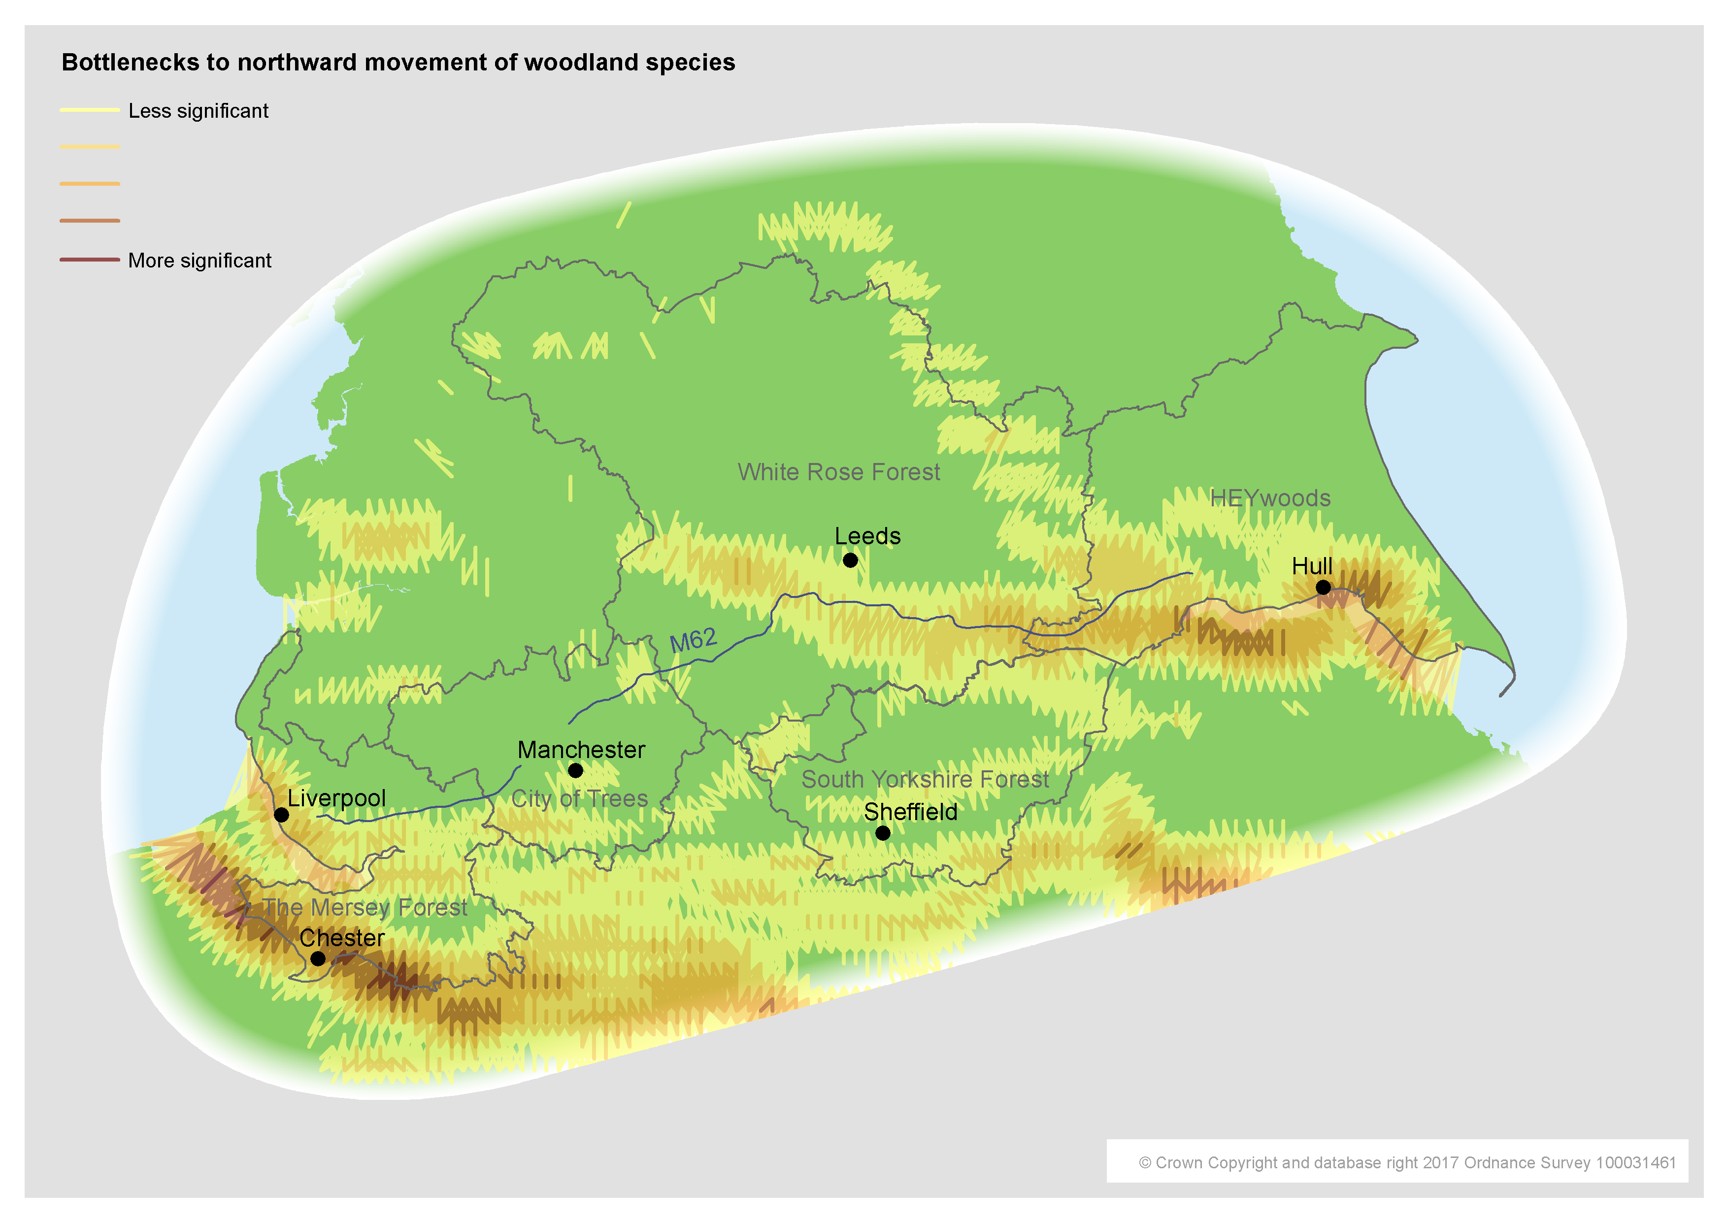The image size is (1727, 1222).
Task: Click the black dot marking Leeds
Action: coord(850,560)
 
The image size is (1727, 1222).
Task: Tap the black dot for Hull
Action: coord(1323,587)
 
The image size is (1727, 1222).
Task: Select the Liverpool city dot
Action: coord(281,815)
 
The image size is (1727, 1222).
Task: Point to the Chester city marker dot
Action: coord(318,958)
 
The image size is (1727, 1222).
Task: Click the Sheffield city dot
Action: coord(883,833)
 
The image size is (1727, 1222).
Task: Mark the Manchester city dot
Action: coord(576,770)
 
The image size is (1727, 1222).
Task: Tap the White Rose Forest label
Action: coord(838,472)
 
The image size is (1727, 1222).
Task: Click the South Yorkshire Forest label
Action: coord(925,780)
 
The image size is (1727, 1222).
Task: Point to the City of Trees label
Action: coord(579,798)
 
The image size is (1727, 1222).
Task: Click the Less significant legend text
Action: coord(198,111)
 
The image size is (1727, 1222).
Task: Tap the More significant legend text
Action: coord(199,261)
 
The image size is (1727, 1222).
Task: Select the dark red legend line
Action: coord(90,260)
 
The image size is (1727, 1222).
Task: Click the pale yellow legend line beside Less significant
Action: coord(90,110)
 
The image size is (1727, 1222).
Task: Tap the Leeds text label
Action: coord(867,536)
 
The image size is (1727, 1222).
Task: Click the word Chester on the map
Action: coord(342,938)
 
